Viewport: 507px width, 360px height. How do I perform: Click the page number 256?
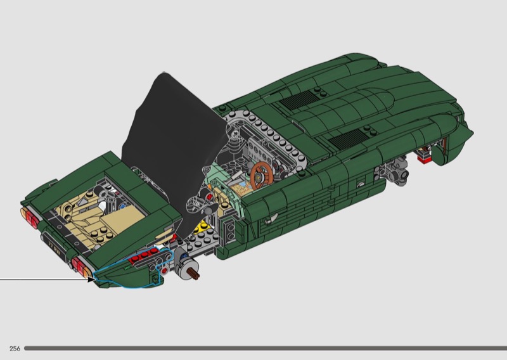15,349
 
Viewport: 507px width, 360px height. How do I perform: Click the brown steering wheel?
261,176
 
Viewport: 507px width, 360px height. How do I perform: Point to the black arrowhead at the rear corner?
91,279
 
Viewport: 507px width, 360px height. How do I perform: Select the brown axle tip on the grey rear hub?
195,274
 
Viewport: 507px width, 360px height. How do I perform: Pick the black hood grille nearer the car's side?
347,139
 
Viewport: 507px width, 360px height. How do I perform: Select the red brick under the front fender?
424,158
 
